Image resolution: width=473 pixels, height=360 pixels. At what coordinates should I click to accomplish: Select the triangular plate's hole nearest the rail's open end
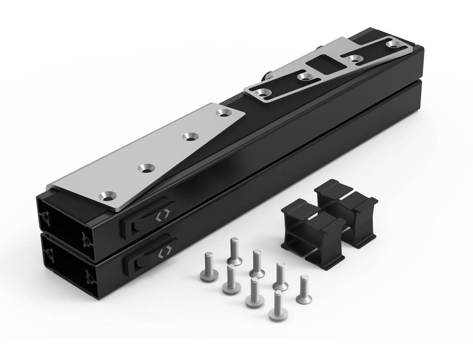pyautogui.click(x=107, y=196)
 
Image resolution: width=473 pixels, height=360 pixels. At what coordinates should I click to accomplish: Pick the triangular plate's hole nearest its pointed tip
pyautogui.click(x=223, y=113)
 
